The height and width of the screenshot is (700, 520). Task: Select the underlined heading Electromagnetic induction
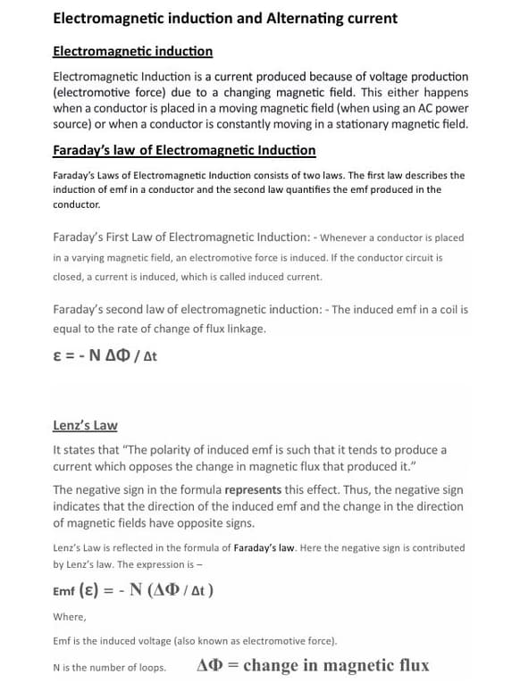point(133,52)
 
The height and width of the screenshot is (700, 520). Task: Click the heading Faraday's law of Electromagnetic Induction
point(184,150)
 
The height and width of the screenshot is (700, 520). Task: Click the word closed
point(70,277)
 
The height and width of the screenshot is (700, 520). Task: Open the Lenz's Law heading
point(85,426)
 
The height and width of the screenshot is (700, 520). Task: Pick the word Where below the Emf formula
point(70,616)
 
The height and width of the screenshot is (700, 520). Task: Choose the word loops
point(151,667)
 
